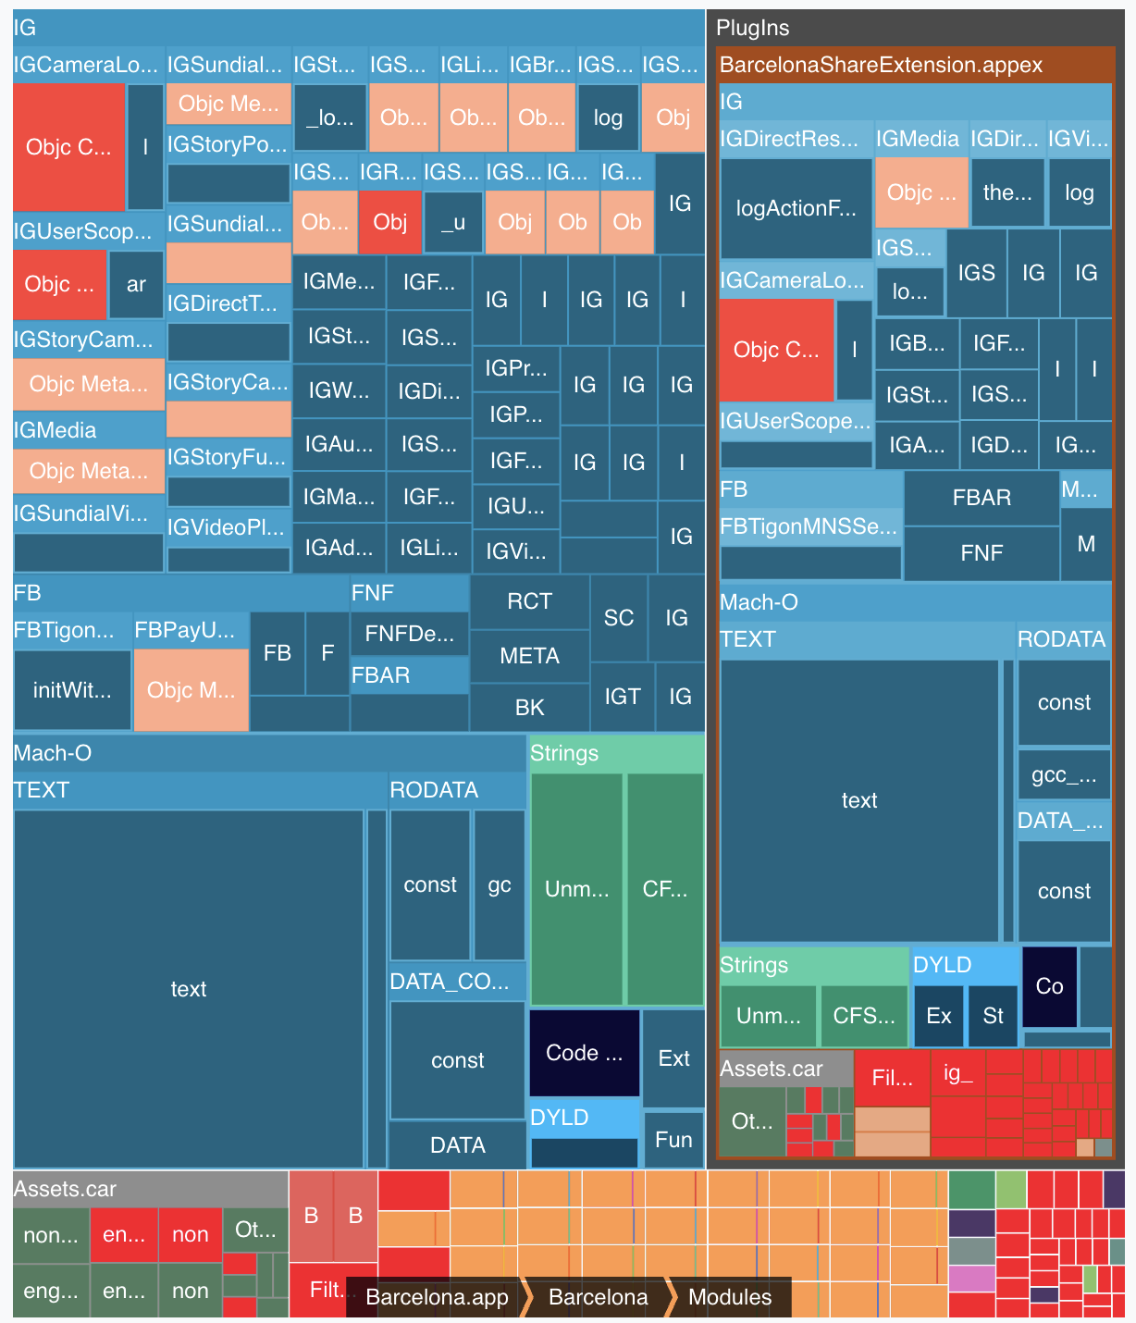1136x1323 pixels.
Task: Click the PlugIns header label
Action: tap(753, 28)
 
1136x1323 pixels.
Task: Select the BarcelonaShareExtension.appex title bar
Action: tap(881, 65)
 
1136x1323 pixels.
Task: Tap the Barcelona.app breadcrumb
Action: tap(437, 1297)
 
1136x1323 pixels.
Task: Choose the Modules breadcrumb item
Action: tap(729, 1297)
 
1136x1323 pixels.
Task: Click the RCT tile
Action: tap(529, 601)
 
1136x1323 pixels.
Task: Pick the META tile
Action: tap(529, 656)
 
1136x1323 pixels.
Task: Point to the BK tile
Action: tap(529, 708)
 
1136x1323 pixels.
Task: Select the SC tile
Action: tap(618, 618)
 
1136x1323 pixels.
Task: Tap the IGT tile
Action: tap(622, 697)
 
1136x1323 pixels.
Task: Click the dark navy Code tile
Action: tap(584, 1053)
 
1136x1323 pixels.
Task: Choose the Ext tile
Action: tap(673, 1058)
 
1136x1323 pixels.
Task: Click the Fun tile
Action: tap(673, 1140)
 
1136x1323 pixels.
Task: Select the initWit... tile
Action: tap(72, 690)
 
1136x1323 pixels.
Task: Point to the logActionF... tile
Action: tap(796, 208)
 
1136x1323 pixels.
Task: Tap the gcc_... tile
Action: tap(1064, 775)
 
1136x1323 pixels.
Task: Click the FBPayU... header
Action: tap(191, 631)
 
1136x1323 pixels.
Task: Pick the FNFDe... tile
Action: tap(409, 634)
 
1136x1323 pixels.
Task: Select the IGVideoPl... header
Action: tap(228, 527)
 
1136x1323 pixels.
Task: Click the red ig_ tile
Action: tap(957, 1073)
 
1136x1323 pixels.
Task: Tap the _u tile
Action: tap(452, 222)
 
